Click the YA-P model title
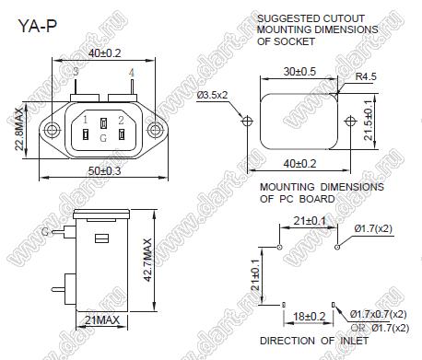[38, 26]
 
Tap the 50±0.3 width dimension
[104, 171]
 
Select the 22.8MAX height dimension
[19, 129]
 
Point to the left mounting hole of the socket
[52, 131]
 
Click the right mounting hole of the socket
[155, 131]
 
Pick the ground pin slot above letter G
[103, 123]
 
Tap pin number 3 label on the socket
[76, 72]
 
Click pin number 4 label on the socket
[132, 73]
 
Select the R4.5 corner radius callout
[366, 76]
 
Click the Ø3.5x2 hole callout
[212, 95]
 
